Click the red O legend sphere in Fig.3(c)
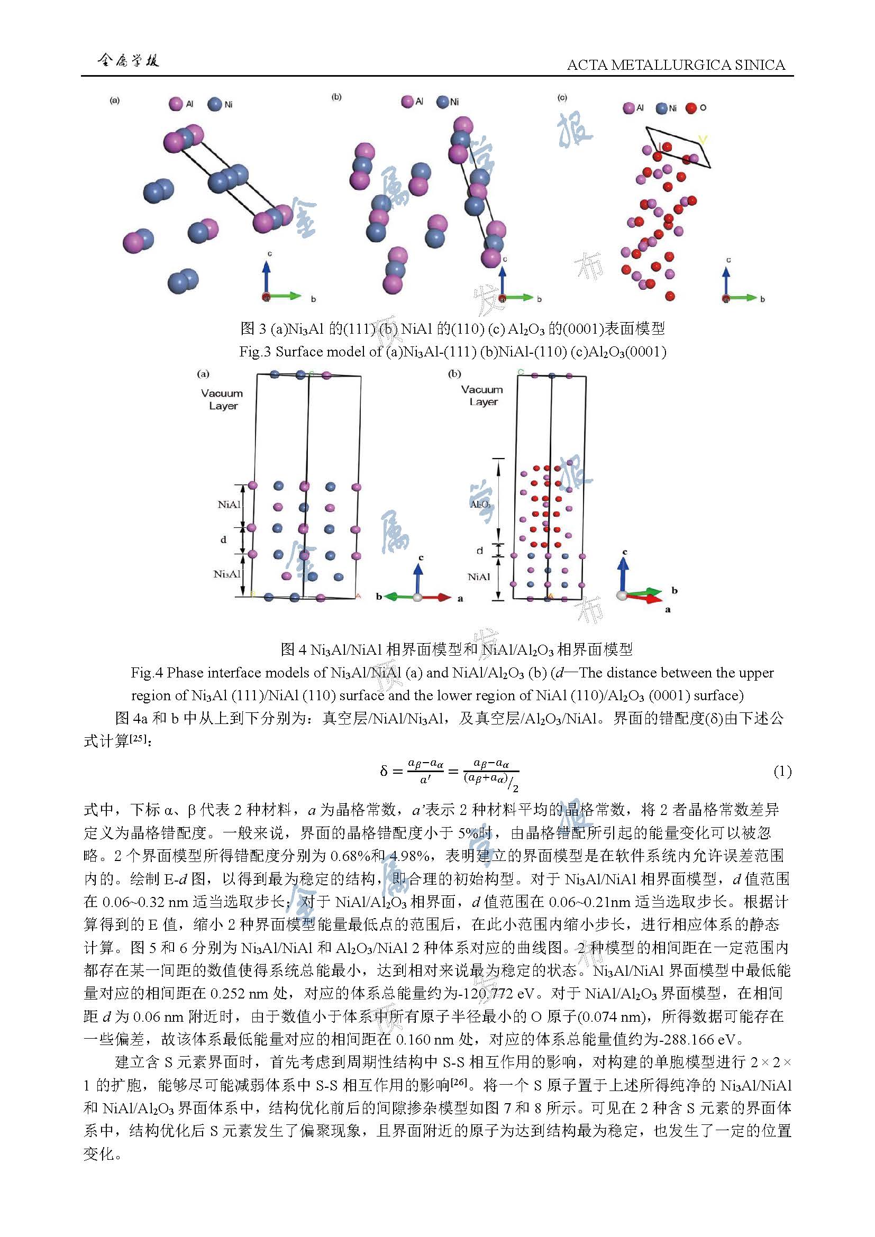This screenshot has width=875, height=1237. (x=691, y=108)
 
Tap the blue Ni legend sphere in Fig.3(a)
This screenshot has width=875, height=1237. (x=215, y=104)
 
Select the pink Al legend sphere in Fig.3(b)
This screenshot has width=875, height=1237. (x=408, y=102)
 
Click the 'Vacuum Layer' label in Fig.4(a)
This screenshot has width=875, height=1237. (x=222, y=399)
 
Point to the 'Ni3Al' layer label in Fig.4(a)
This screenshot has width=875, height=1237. (x=226, y=574)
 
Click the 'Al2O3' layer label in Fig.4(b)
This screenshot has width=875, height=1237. (x=480, y=505)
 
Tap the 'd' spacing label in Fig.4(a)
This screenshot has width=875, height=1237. (x=223, y=540)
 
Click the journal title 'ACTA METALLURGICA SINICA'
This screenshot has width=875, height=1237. (x=676, y=65)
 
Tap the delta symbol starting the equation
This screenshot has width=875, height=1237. (x=383, y=772)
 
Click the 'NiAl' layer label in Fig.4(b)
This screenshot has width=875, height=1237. (x=479, y=577)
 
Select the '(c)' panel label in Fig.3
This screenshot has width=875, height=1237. (x=562, y=97)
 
